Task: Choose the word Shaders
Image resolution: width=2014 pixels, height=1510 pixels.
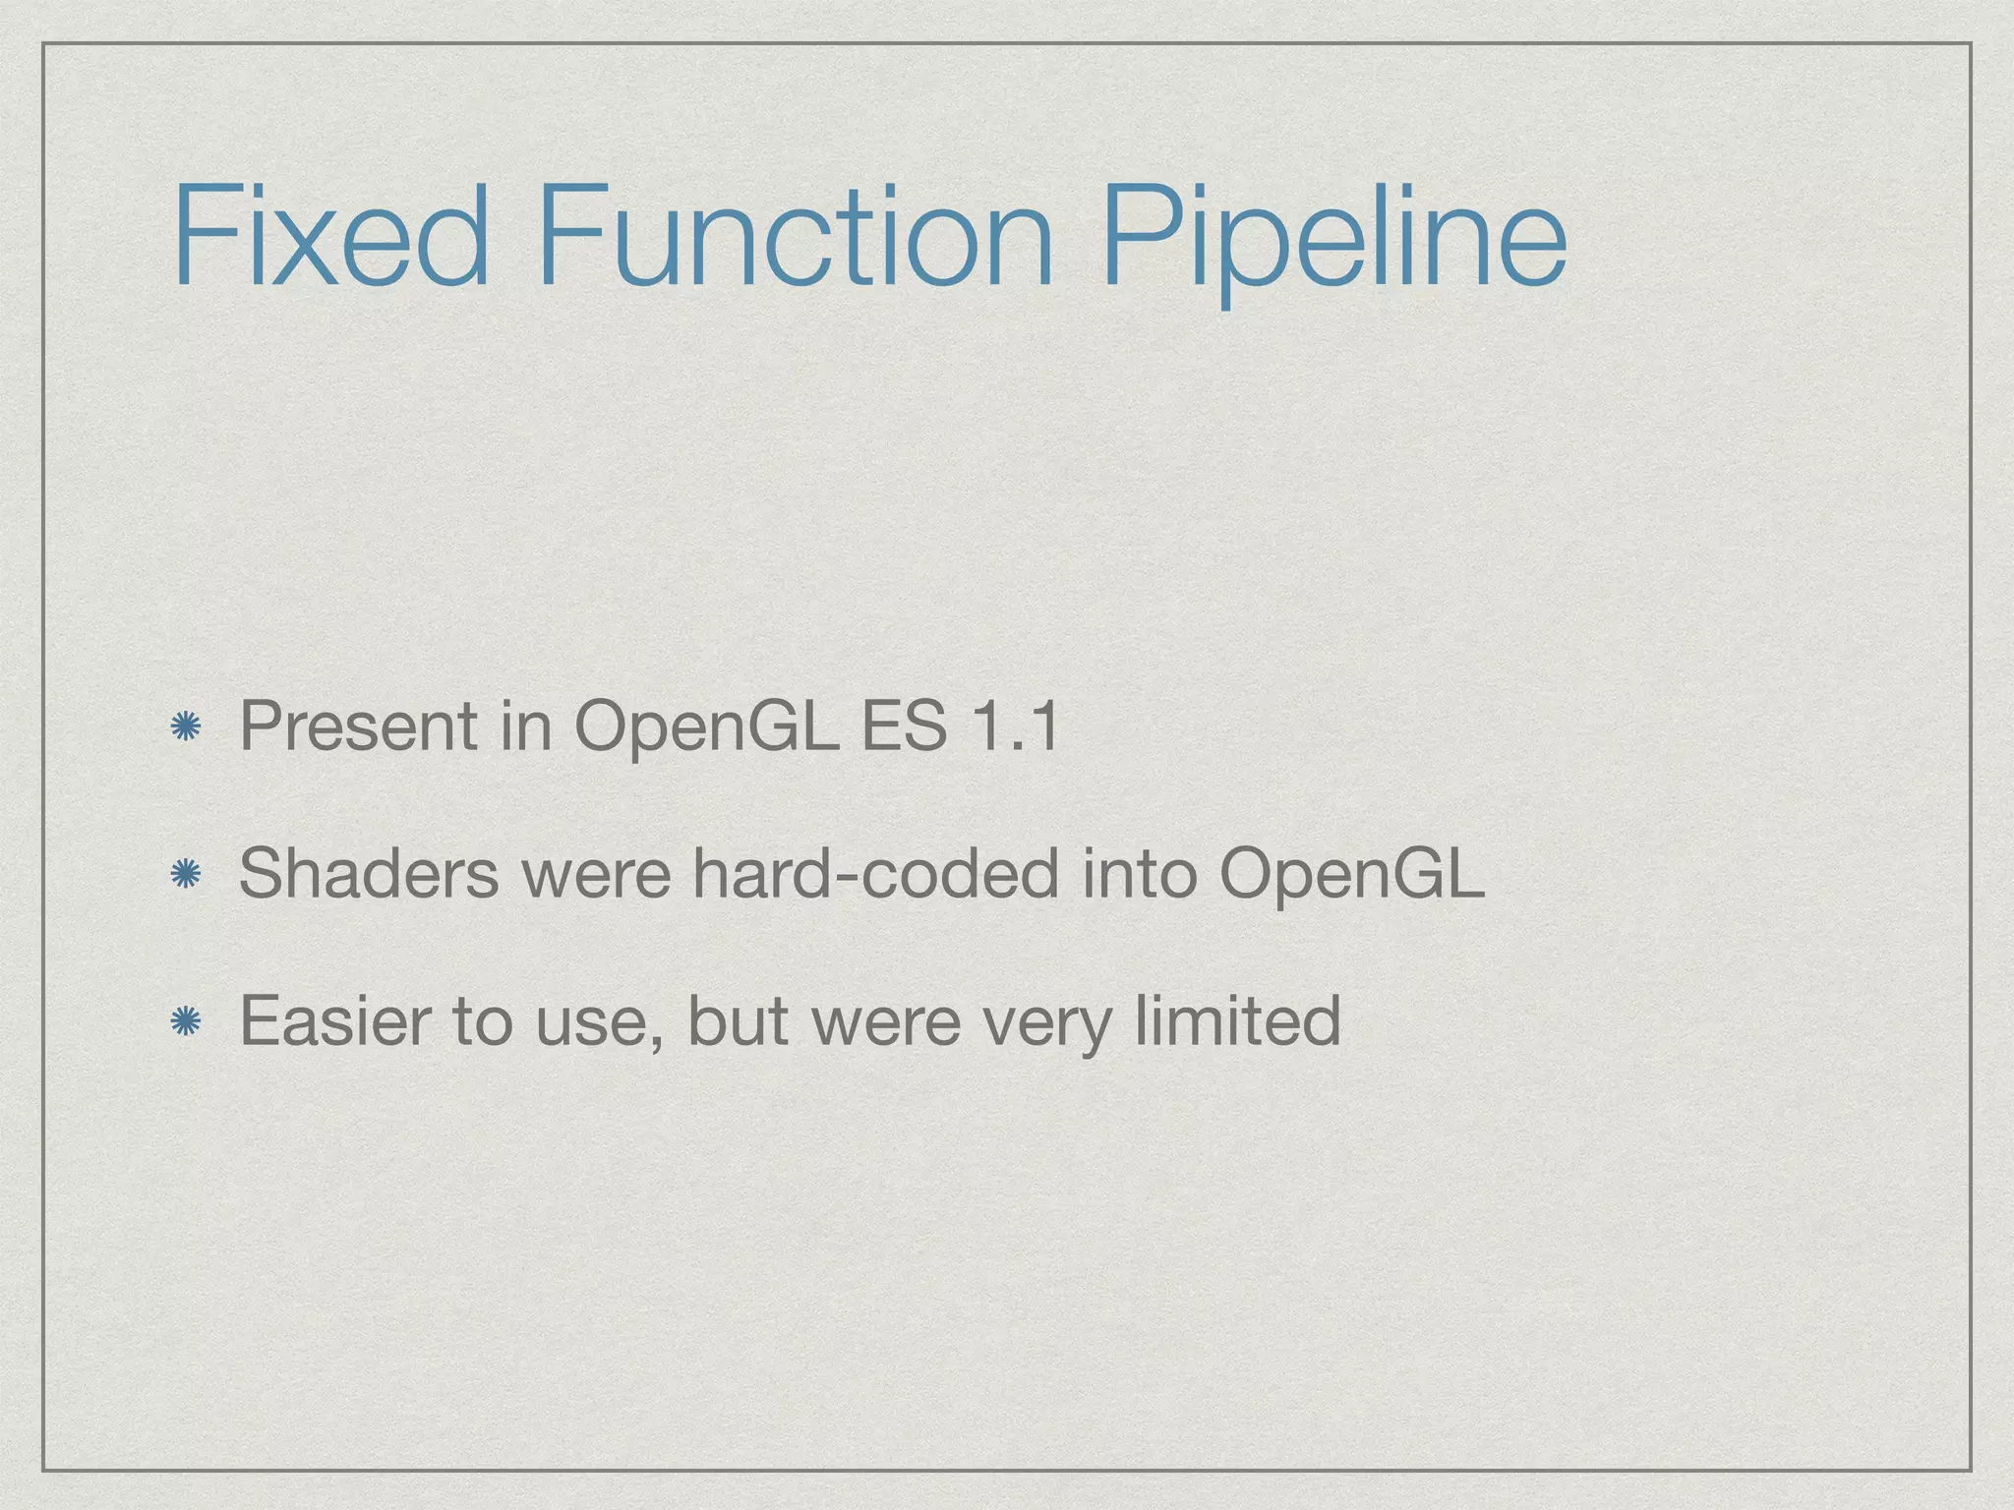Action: click(x=369, y=874)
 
